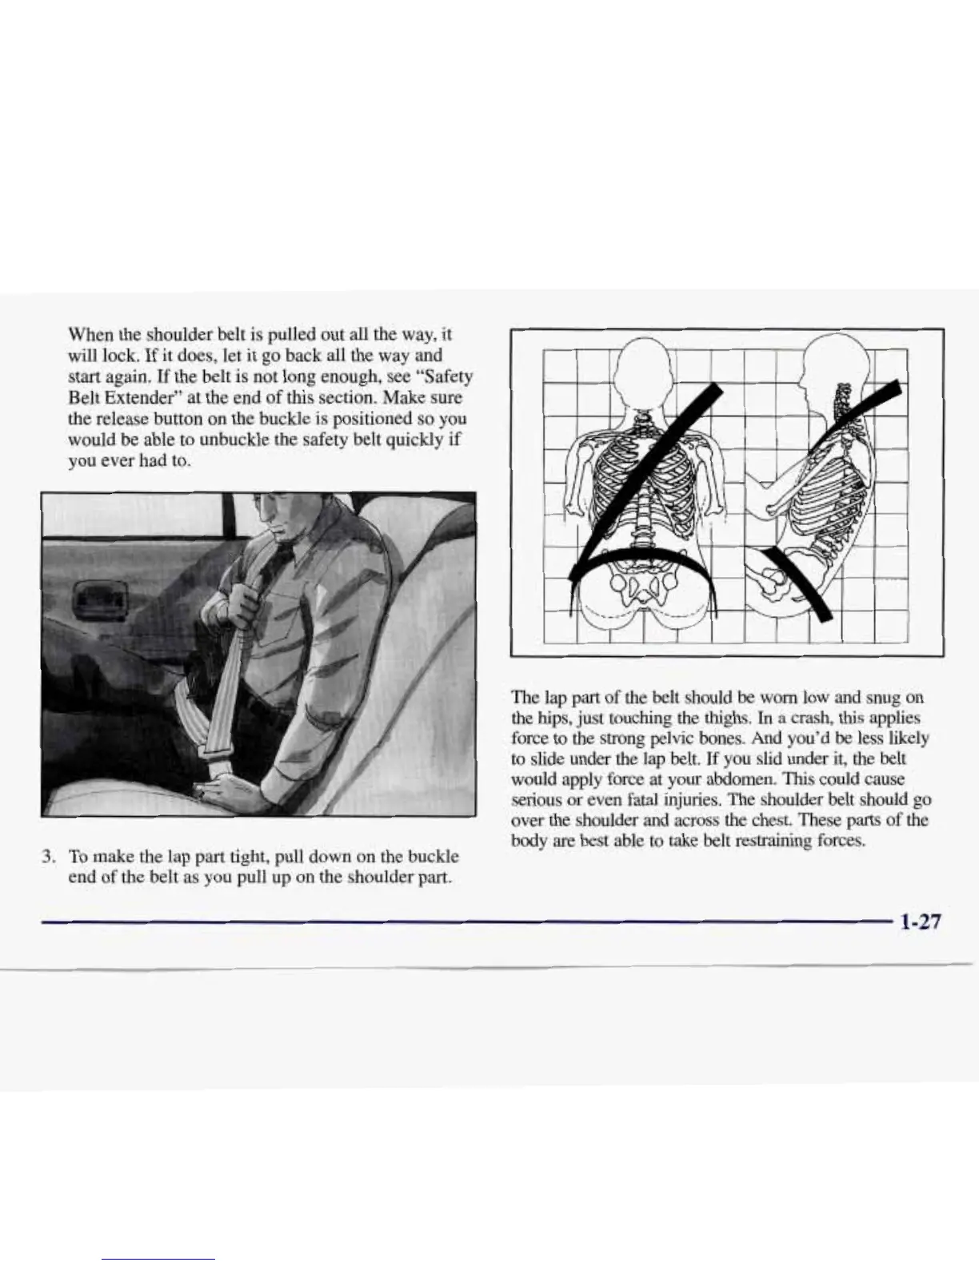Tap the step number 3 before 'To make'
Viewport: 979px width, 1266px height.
(48, 857)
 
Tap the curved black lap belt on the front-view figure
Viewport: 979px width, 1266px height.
(640, 563)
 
